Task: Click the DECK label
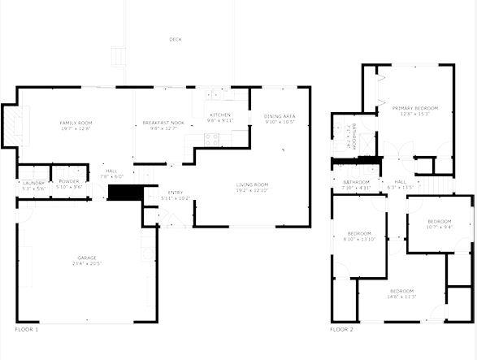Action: click(x=176, y=39)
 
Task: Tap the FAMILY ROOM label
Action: click(x=76, y=123)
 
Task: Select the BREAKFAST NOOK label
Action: click(x=163, y=123)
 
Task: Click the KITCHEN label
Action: click(x=220, y=115)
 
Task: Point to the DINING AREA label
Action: click(x=280, y=117)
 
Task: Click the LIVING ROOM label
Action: click(x=252, y=184)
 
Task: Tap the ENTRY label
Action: click(x=176, y=193)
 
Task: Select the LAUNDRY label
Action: click(x=33, y=182)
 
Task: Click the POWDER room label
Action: click(x=69, y=181)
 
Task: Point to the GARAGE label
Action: click(x=86, y=258)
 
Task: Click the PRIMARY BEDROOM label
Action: click(x=414, y=108)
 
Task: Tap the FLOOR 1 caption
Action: click(x=27, y=329)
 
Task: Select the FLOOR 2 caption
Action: click(x=341, y=329)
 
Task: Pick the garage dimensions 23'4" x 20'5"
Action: click(x=86, y=263)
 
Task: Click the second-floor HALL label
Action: click(x=401, y=182)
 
